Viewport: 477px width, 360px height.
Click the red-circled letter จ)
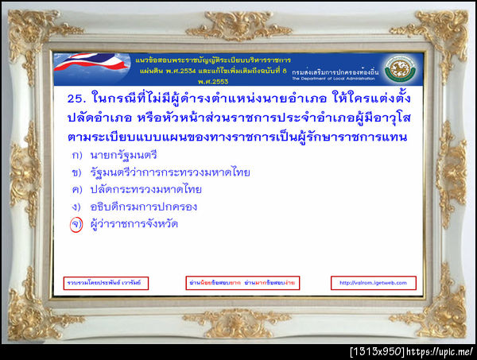76,224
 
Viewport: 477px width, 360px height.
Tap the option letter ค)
76,189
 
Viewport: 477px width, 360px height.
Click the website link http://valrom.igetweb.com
366,283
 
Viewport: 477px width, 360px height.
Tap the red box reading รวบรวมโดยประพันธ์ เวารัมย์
106,283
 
